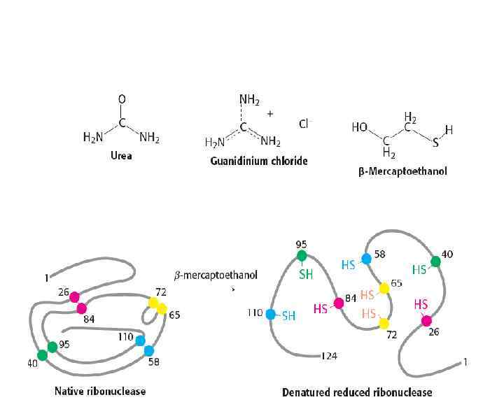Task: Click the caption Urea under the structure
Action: pyautogui.click(x=121, y=156)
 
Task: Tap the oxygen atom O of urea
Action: pyautogui.click(x=122, y=100)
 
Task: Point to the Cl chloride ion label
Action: pyautogui.click(x=303, y=124)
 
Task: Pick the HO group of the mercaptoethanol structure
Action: pyautogui.click(x=360, y=128)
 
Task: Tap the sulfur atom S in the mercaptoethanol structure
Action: pyautogui.click(x=435, y=143)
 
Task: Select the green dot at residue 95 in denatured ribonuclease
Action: pyautogui.click(x=302, y=256)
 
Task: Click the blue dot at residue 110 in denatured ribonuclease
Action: pyautogui.click(x=271, y=314)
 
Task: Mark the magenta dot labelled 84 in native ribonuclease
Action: pyautogui.click(x=81, y=308)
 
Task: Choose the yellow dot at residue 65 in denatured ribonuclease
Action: pyautogui.click(x=384, y=288)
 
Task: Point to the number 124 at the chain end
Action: pyautogui.click(x=330, y=356)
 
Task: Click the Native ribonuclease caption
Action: pyautogui.click(x=100, y=391)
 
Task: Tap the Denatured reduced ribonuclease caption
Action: pyautogui.click(x=357, y=392)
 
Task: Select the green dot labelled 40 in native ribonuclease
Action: pyautogui.click(x=42, y=354)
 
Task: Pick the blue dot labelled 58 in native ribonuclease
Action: pyautogui.click(x=148, y=350)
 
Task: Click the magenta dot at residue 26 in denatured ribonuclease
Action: pyautogui.click(x=426, y=321)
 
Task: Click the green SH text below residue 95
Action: pyautogui.click(x=307, y=275)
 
